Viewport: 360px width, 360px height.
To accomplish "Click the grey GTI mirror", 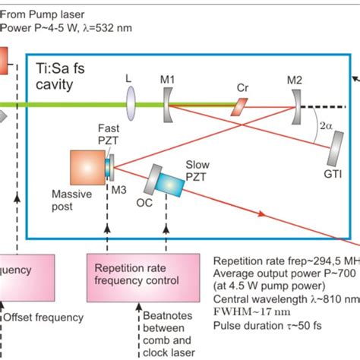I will pyautogui.click(x=333, y=155).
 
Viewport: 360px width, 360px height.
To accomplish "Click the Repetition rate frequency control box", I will pyautogui.click(x=141, y=274).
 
